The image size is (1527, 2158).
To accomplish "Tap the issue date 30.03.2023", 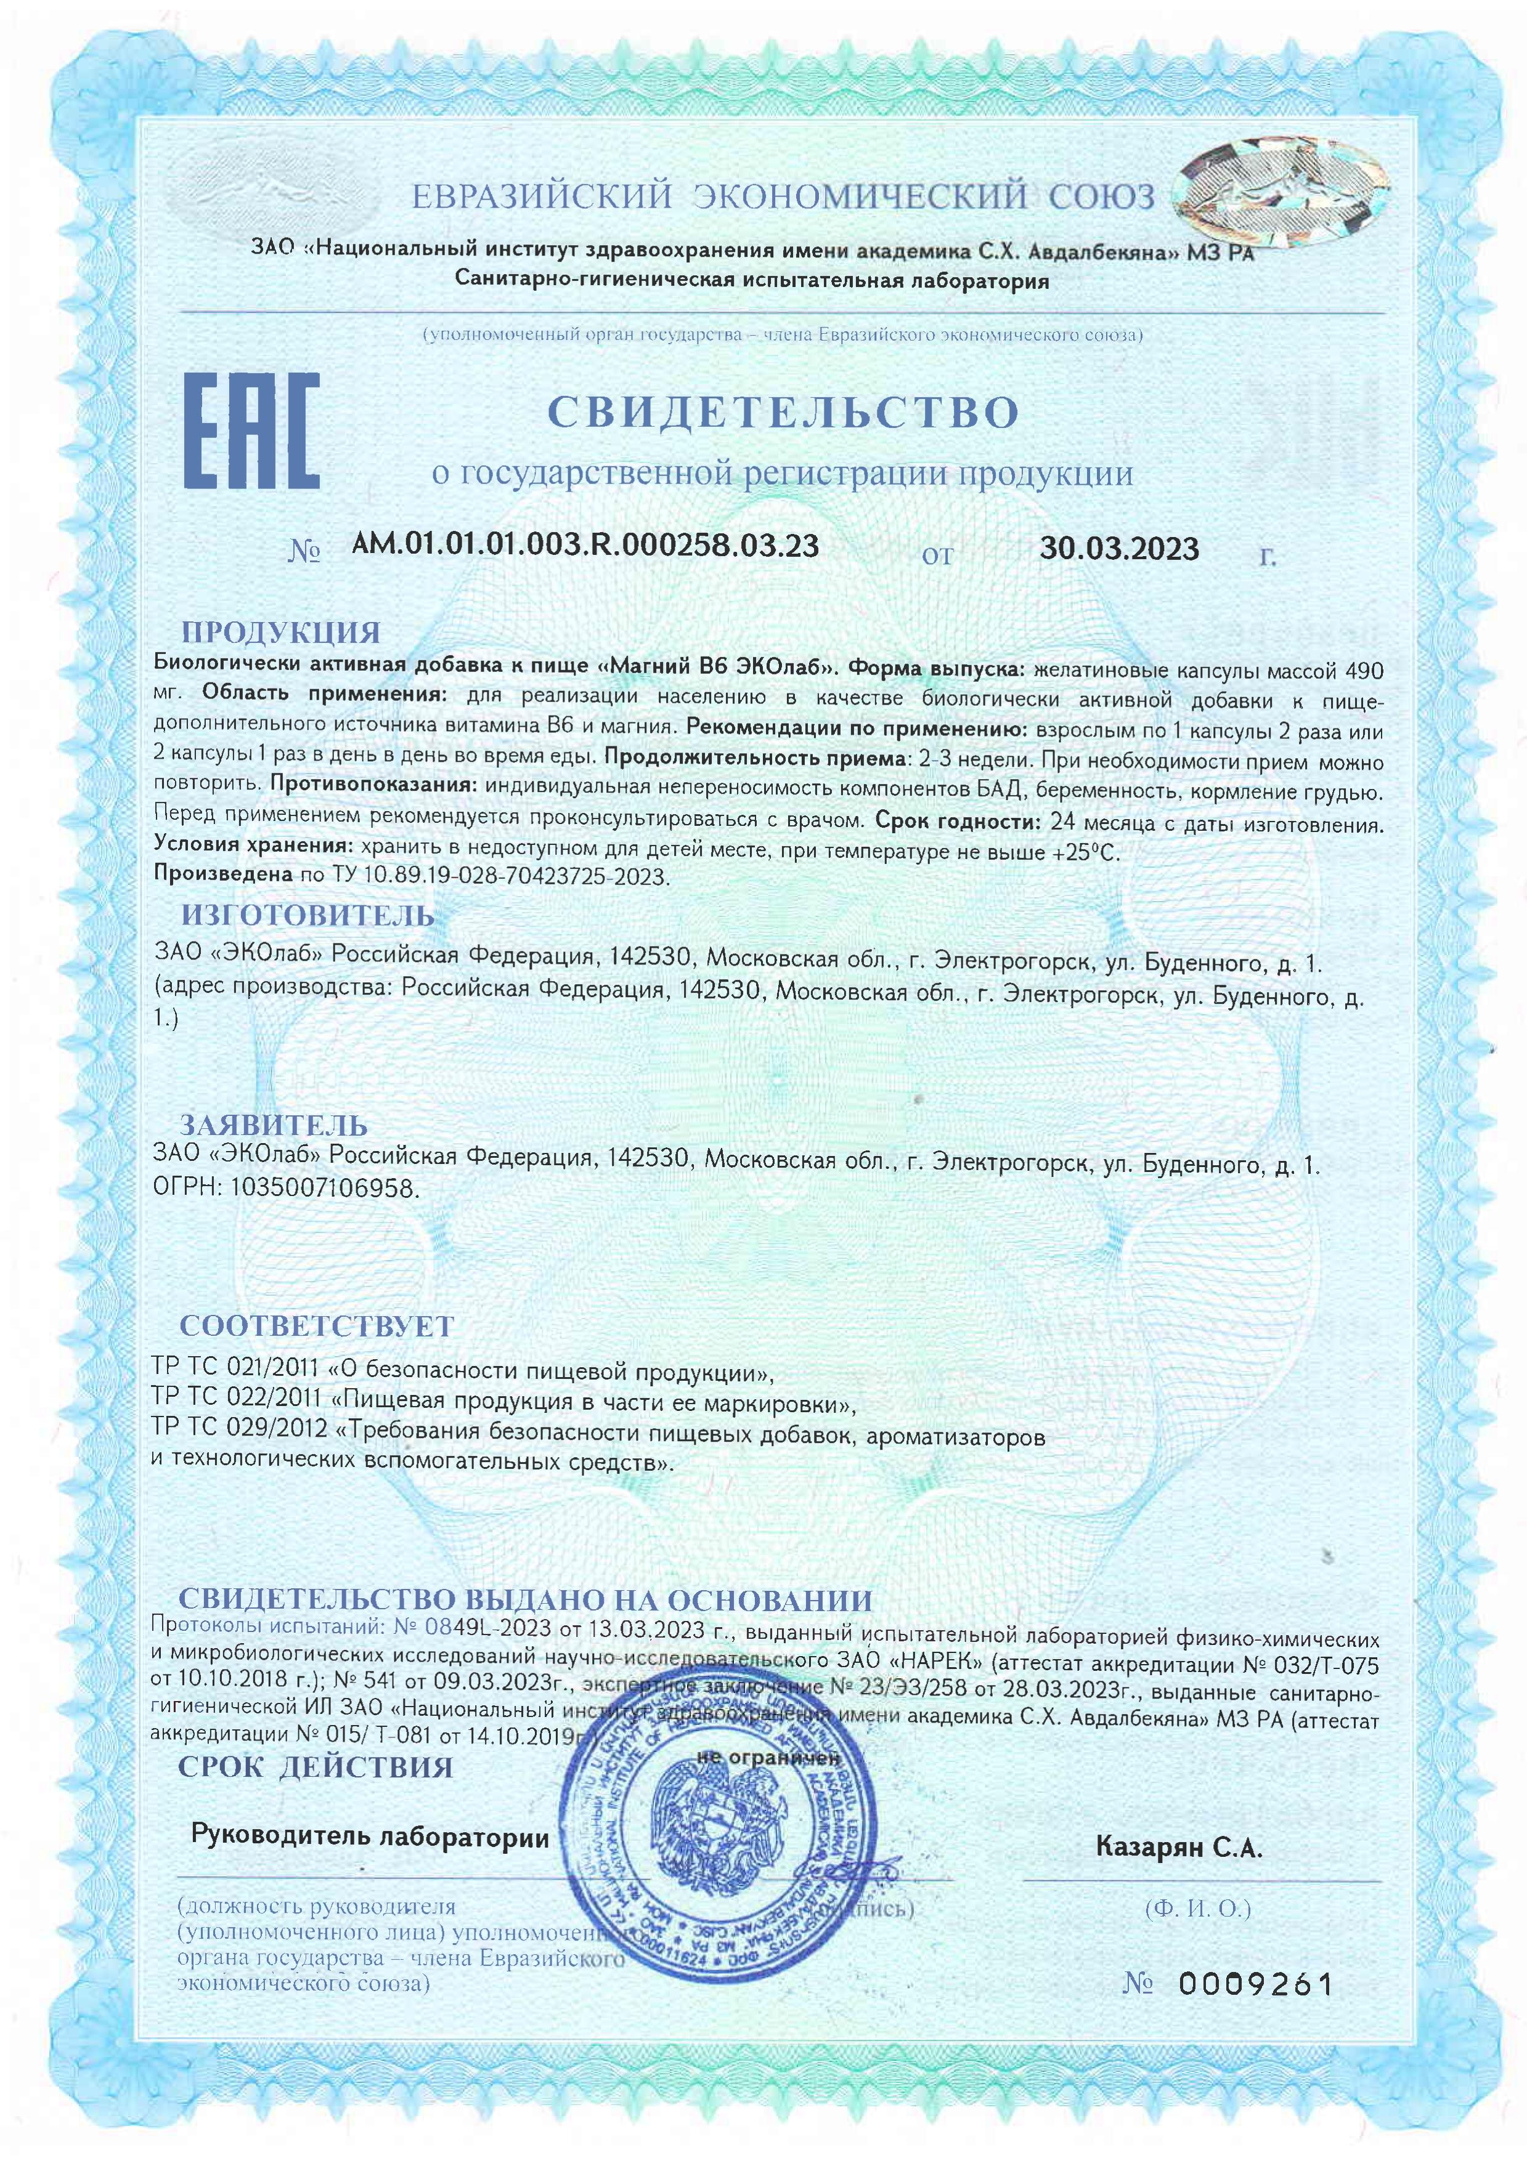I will pyautogui.click(x=1119, y=548).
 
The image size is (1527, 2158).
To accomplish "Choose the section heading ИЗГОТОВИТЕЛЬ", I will pyautogui.click(x=307, y=915).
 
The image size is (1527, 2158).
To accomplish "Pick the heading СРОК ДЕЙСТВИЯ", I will pyautogui.click(x=316, y=1767).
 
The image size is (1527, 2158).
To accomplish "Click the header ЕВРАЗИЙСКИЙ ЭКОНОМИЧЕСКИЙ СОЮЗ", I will pyautogui.click(x=783, y=196).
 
